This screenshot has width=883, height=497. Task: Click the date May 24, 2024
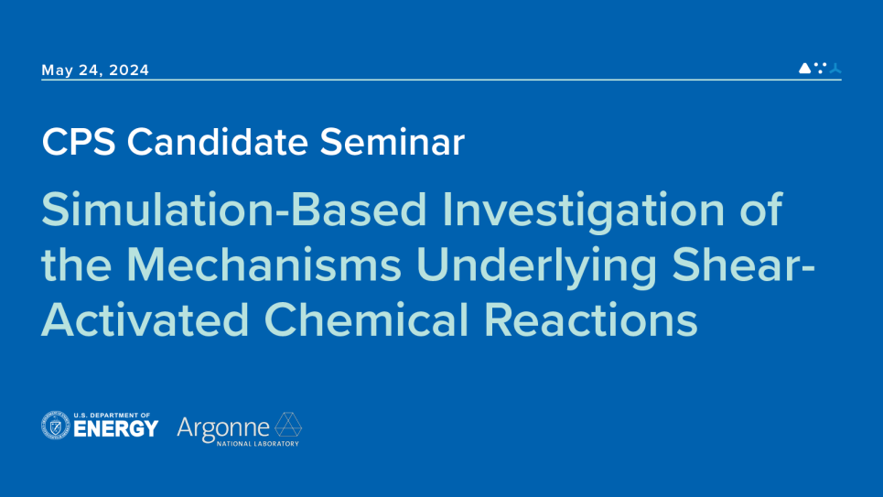tap(95, 70)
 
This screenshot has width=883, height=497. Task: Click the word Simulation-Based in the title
tap(234, 211)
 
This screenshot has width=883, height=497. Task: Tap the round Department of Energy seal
tap(56, 426)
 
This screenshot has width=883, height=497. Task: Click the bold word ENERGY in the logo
tap(115, 429)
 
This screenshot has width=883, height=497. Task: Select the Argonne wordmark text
tap(223, 427)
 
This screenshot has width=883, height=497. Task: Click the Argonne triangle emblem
tap(289, 425)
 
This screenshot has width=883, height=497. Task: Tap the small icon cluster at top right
tap(820, 68)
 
